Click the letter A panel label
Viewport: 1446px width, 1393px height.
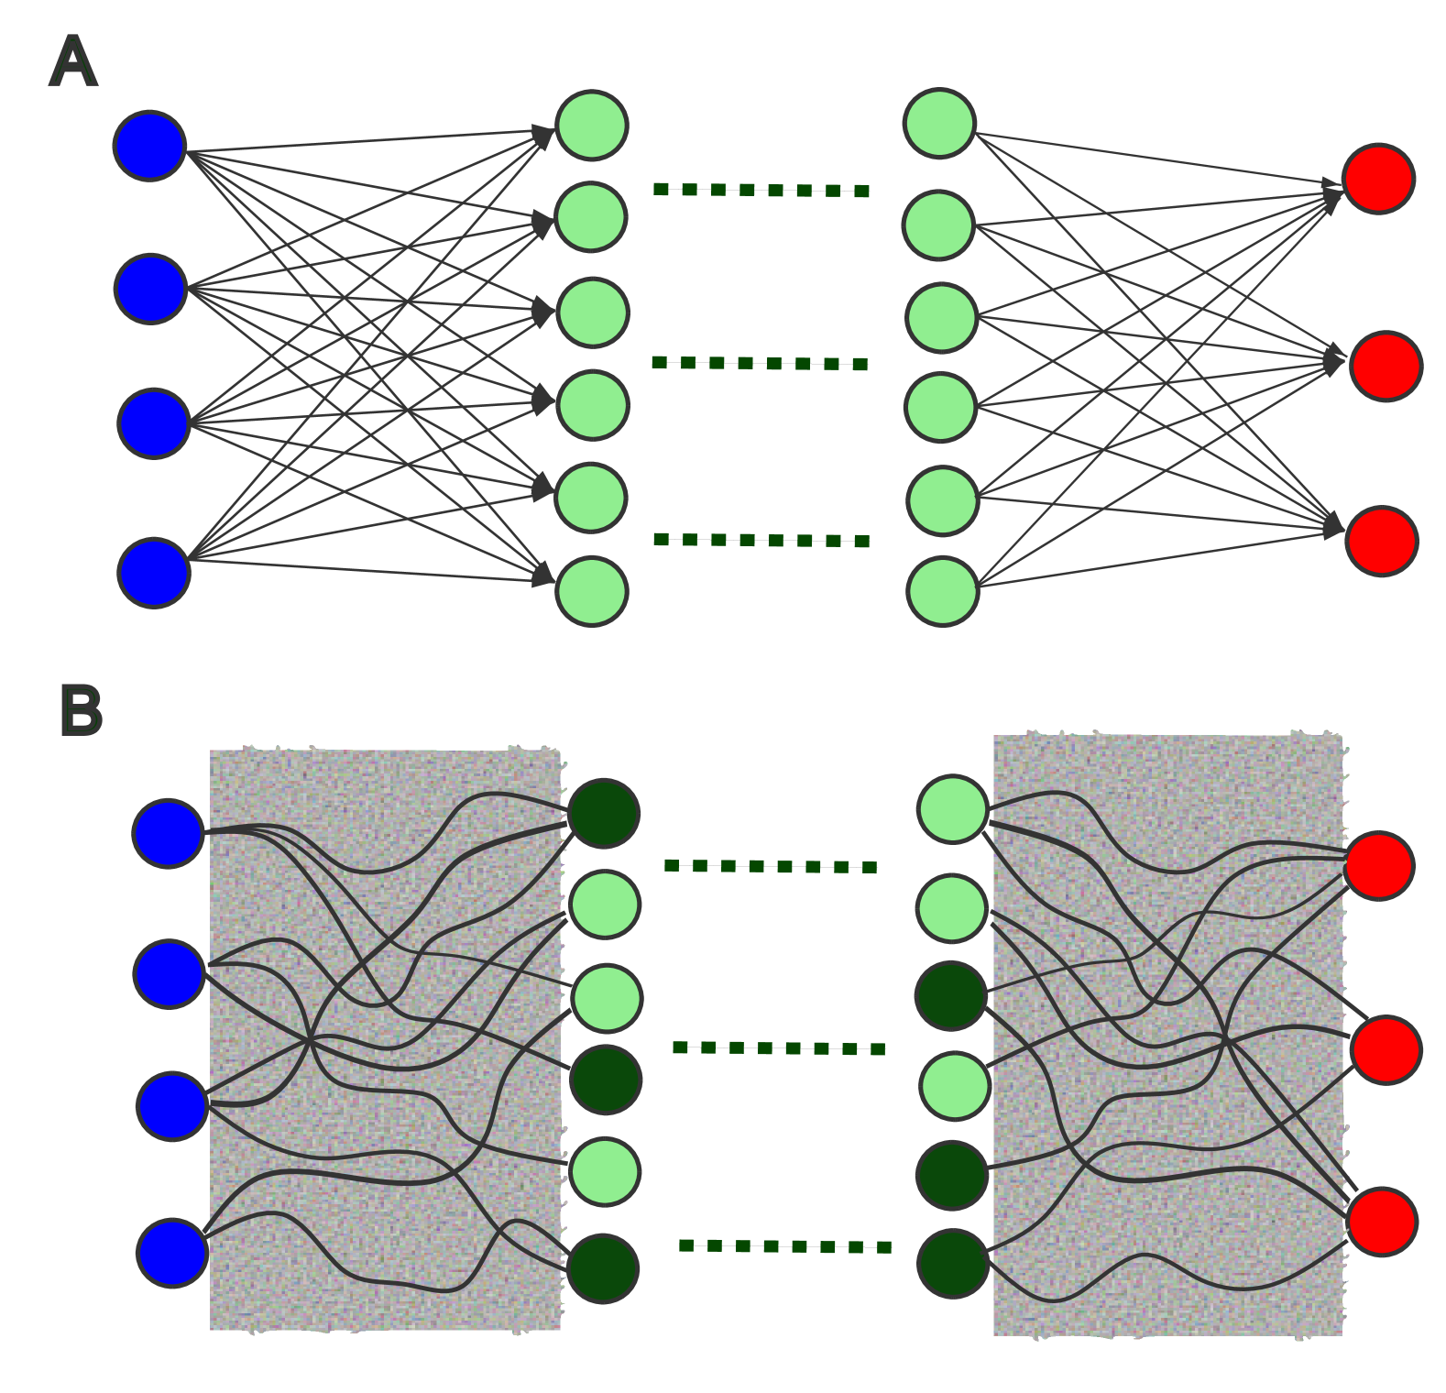click(72, 62)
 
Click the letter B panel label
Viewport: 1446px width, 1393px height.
click(81, 711)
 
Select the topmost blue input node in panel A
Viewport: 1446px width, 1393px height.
click(149, 146)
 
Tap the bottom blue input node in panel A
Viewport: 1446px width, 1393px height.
click(154, 573)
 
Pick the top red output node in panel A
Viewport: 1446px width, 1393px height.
click(1378, 179)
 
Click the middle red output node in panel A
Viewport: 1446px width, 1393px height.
click(1386, 367)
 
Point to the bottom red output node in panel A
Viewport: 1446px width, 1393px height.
click(1382, 542)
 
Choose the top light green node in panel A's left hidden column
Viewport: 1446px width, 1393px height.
click(591, 126)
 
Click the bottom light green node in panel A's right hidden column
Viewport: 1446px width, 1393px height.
click(942, 592)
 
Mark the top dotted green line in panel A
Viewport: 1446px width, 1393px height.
click(761, 191)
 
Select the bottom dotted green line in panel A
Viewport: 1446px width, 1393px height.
click(761, 541)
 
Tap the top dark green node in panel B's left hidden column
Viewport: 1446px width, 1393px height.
click(604, 814)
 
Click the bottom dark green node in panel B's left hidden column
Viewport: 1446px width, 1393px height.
click(603, 1269)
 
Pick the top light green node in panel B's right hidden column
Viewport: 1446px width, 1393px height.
click(953, 809)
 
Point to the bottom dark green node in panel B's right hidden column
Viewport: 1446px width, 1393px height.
click(953, 1264)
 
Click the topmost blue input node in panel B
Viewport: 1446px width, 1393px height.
click(168, 833)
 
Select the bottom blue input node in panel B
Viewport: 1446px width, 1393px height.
click(171, 1253)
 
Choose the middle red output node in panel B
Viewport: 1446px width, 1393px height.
click(1386, 1050)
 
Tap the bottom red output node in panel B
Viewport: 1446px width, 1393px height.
click(1382, 1222)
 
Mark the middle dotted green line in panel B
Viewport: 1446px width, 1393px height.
click(778, 1048)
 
